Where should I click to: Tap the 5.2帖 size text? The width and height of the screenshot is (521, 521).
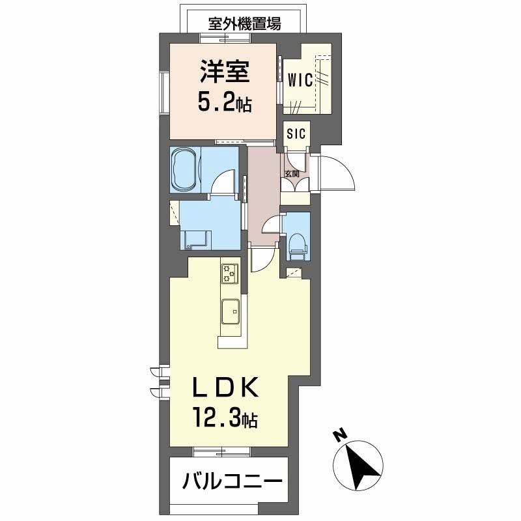pos(225,102)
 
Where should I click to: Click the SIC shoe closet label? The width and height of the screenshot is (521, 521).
pos(297,134)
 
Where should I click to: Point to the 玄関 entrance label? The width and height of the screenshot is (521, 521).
pos(292,173)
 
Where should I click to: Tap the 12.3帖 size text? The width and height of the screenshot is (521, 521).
pos(224,417)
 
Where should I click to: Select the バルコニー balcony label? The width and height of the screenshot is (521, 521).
pos(232,483)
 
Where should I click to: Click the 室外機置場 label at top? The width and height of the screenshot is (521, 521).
pos(245,24)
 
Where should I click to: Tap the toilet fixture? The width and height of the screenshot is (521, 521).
pos(298,242)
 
